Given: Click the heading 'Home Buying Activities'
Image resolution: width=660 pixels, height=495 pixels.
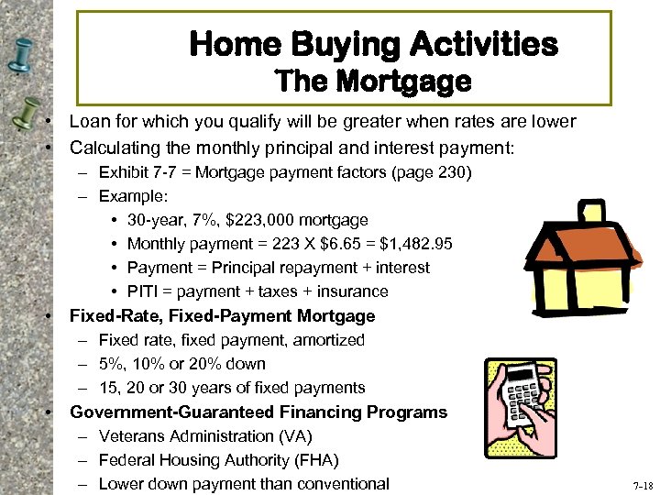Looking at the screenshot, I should [x=372, y=43].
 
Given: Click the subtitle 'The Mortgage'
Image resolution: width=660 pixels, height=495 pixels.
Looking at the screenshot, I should [x=373, y=82].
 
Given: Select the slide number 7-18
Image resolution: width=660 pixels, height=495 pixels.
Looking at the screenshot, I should [x=643, y=485].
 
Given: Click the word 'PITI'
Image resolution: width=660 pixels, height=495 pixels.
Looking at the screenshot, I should [x=145, y=291].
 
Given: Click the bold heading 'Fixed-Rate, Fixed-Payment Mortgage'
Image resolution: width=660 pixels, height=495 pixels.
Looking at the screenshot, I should [x=223, y=316].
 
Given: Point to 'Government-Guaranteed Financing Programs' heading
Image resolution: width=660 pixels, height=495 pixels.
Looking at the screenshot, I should [x=258, y=412].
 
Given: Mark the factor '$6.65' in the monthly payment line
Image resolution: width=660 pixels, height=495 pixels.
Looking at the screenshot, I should [x=337, y=244].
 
